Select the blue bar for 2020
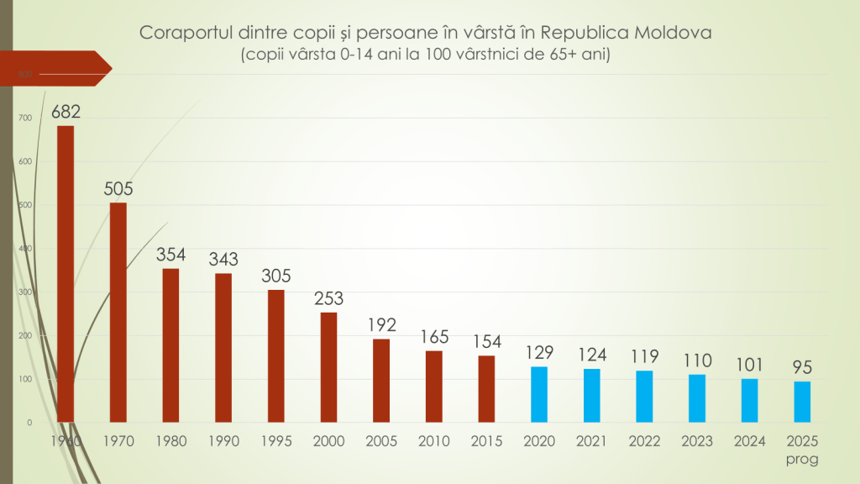pos(540,394)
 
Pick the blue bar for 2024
pos(750,400)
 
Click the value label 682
pos(66,111)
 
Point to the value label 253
pos(328,298)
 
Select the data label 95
pos(802,367)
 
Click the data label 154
pos(487,341)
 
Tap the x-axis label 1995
pos(276,441)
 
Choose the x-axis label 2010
pos(434,441)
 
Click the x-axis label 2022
pos(645,441)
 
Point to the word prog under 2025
pos(802,459)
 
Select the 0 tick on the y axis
pos(29,423)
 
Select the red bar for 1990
pos(223,347)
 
